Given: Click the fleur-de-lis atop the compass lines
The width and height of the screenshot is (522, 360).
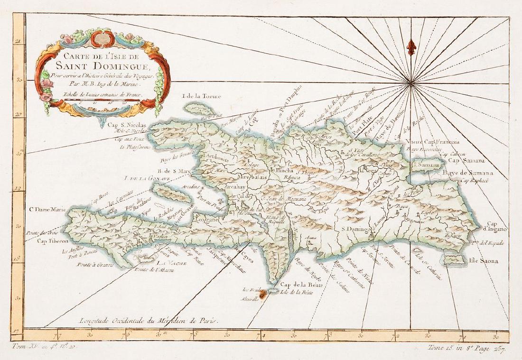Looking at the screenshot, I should pyautogui.click(x=411, y=46).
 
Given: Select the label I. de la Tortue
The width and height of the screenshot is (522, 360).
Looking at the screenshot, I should pyautogui.click(x=202, y=97).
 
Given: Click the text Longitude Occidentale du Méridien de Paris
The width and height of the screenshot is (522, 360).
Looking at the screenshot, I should pyautogui.click(x=149, y=320).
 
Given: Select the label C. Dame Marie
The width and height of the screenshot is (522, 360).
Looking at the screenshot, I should pyautogui.click(x=47, y=209).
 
